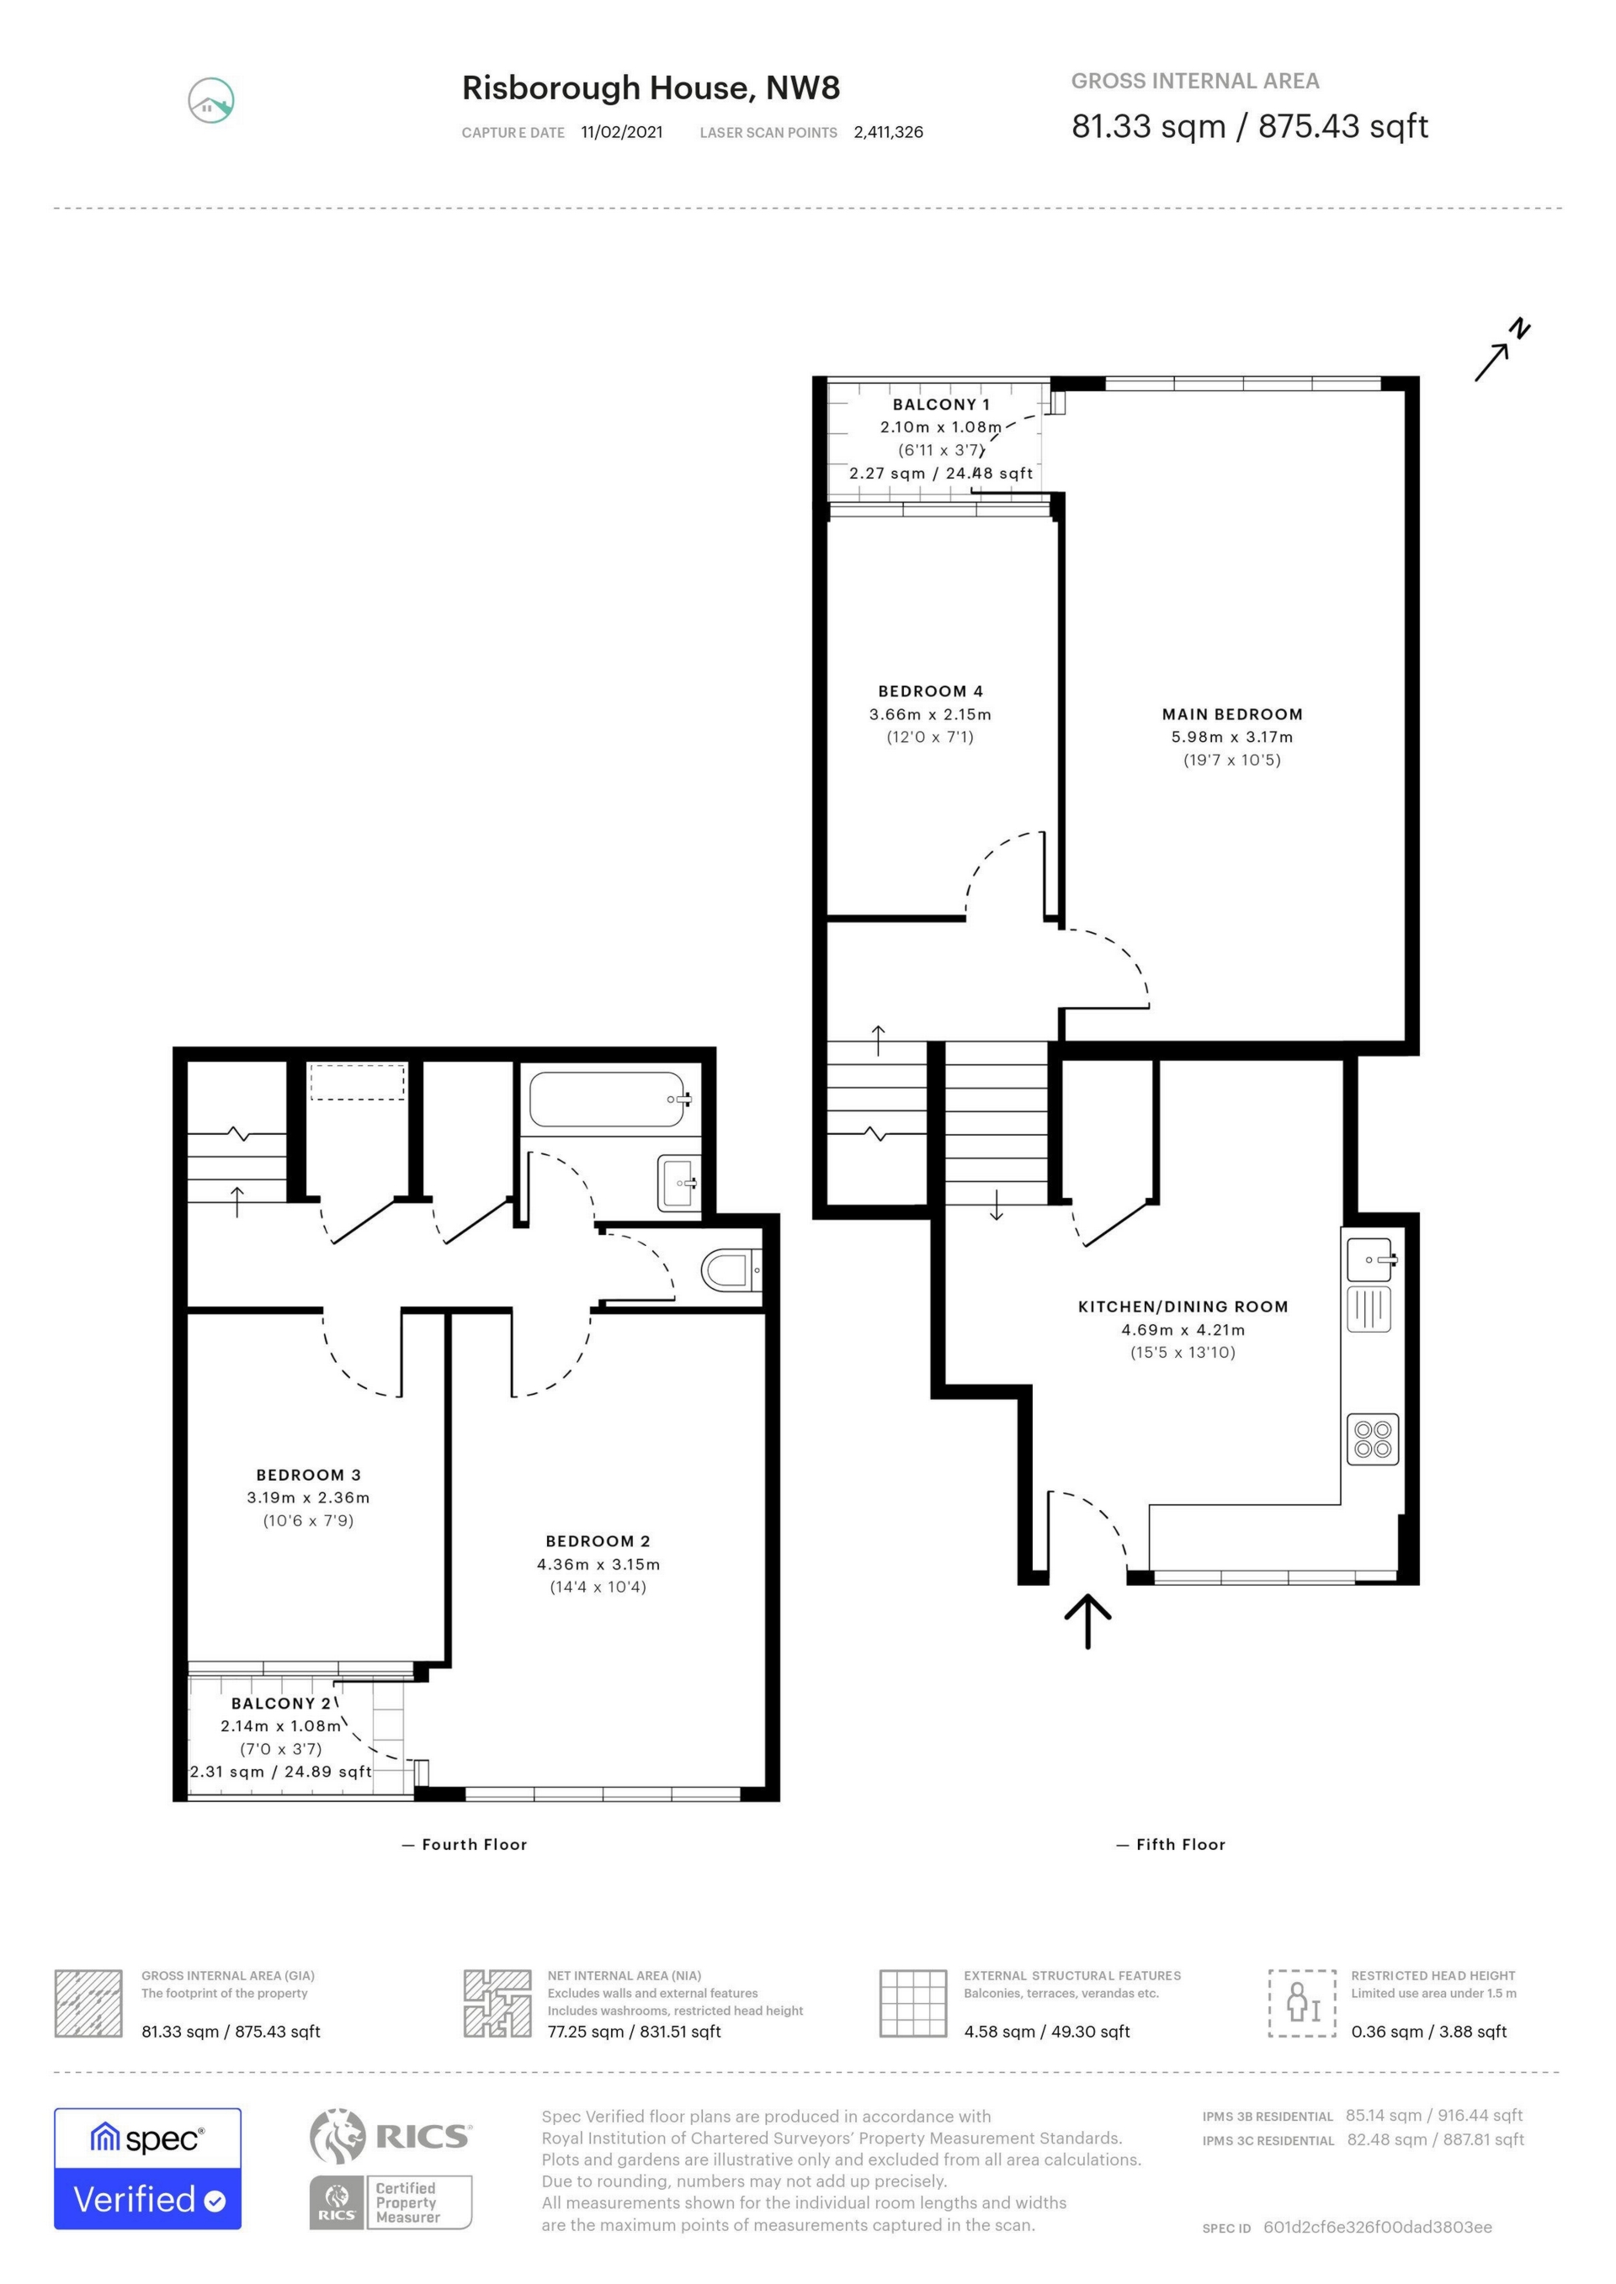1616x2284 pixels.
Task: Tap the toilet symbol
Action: click(x=730, y=1270)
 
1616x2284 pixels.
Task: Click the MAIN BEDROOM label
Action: click(x=1232, y=714)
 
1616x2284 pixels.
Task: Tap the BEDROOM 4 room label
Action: click(x=930, y=692)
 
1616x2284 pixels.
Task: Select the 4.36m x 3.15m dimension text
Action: click(x=598, y=1564)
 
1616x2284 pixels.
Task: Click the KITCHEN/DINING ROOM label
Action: click(x=1183, y=1307)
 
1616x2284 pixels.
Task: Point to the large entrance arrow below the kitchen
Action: click(x=1087, y=1620)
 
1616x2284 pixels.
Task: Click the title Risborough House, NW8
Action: click(x=651, y=87)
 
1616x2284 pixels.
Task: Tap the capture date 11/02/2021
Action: click(x=622, y=132)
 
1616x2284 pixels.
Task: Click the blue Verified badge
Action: click(x=147, y=2198)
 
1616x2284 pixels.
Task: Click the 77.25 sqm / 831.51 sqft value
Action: click(x=634, y=2032)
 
